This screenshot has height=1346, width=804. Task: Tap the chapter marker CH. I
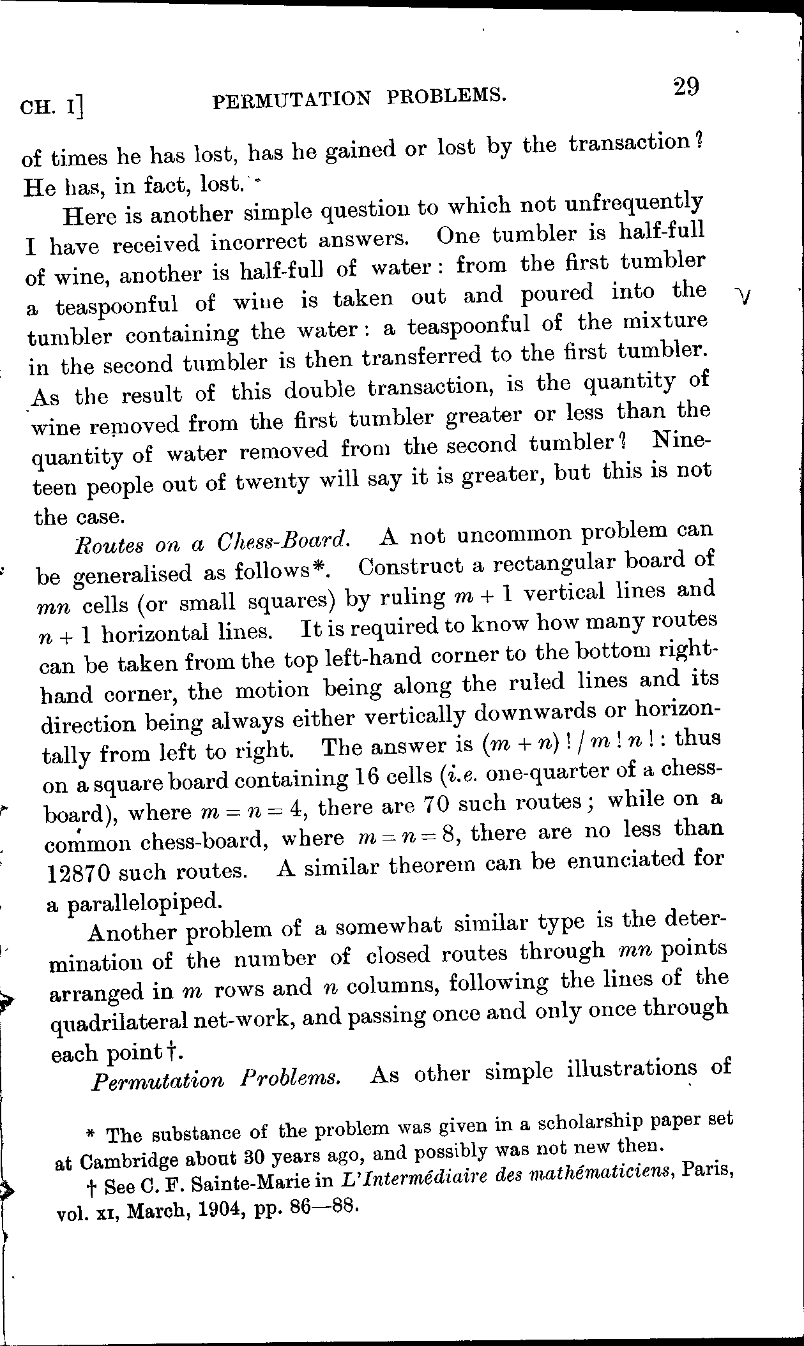click(x=52, y=106)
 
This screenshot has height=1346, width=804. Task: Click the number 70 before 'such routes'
click(x=439, y=804)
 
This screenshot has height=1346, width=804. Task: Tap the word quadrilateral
click(x=118, y=1021)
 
